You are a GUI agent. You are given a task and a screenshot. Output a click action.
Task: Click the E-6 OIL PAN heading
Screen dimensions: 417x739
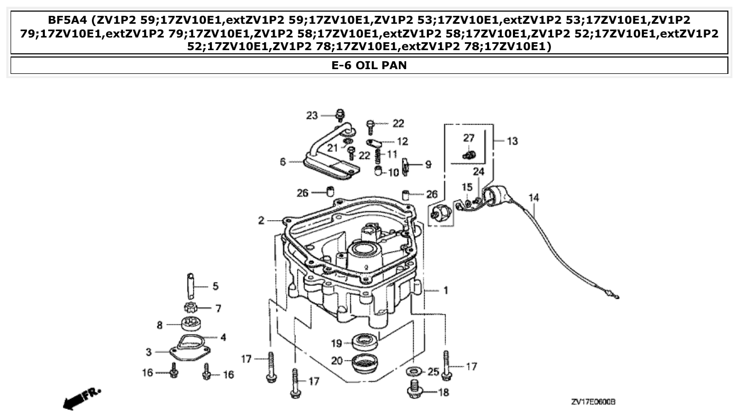tap(369, 66)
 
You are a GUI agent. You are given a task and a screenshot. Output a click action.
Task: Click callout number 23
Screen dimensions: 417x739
tap(313, 116)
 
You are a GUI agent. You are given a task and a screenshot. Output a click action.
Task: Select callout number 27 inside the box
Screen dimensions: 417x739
tap(469, 138)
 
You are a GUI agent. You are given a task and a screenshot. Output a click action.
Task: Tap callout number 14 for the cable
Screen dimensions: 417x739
tap(534, 198)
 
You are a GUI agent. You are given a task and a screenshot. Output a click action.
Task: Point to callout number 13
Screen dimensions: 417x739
tap(512, 141)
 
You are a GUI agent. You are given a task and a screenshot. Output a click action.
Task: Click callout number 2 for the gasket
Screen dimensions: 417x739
tap(261, 221)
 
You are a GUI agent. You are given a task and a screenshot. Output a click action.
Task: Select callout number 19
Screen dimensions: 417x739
tap(337, 344)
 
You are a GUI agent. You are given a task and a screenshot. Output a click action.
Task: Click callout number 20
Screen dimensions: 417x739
tap(337, 361)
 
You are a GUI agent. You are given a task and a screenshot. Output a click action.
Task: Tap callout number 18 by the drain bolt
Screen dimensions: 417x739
tap(444, 393)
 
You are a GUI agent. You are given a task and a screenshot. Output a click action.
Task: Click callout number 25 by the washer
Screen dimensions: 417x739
tap(433, 372)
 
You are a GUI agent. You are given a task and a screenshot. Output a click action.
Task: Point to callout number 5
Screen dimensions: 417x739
tap(215, 287)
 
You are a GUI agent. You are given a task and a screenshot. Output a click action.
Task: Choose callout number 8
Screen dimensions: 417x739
tap(160, 326)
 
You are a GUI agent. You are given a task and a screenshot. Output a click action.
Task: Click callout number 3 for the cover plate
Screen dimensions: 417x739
tap(149, 352)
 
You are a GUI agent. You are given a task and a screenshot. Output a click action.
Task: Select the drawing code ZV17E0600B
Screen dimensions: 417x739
tap(593, 402)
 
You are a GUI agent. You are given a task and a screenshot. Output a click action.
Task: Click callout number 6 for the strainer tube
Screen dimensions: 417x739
tap(283, 162)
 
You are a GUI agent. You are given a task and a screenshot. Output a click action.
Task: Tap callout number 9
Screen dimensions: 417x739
tap(428, 165)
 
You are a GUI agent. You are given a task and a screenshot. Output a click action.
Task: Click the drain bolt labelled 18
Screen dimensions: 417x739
tap(414, 391)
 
